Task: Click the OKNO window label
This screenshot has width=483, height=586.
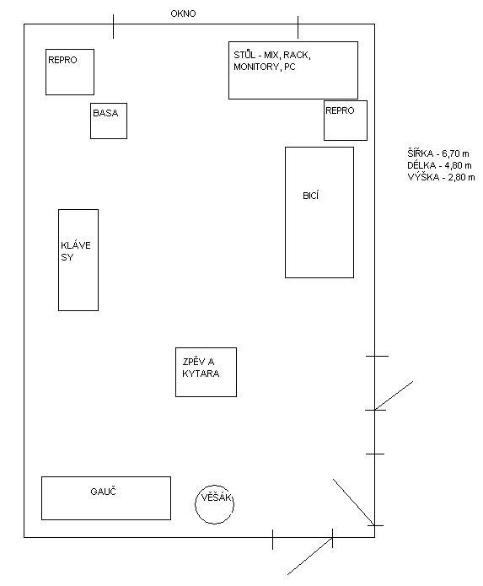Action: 183,13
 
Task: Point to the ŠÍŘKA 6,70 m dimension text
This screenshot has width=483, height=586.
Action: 438,153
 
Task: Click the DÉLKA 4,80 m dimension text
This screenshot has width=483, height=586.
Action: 440,165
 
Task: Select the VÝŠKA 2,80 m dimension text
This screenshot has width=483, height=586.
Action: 441,177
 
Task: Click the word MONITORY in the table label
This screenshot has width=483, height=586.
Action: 256,67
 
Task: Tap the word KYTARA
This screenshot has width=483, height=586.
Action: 201,374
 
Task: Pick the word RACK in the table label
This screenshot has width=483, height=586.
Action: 297,56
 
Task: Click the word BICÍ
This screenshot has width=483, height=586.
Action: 311,196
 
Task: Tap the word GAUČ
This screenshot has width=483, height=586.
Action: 103,491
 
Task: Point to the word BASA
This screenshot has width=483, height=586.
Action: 105,113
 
